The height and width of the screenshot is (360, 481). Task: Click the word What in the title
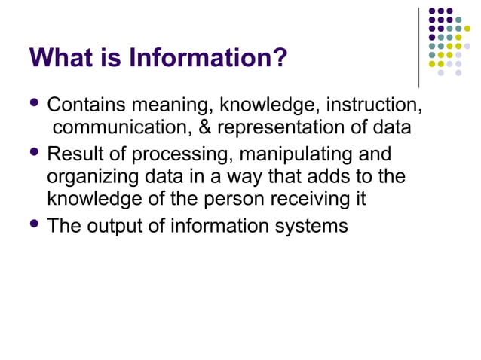60,57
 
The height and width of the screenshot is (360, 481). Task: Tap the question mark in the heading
280,57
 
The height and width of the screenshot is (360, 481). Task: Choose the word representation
283,128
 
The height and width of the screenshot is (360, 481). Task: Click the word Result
72,155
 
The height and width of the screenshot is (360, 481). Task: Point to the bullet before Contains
35,102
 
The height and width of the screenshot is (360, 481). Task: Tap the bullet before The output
35,224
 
